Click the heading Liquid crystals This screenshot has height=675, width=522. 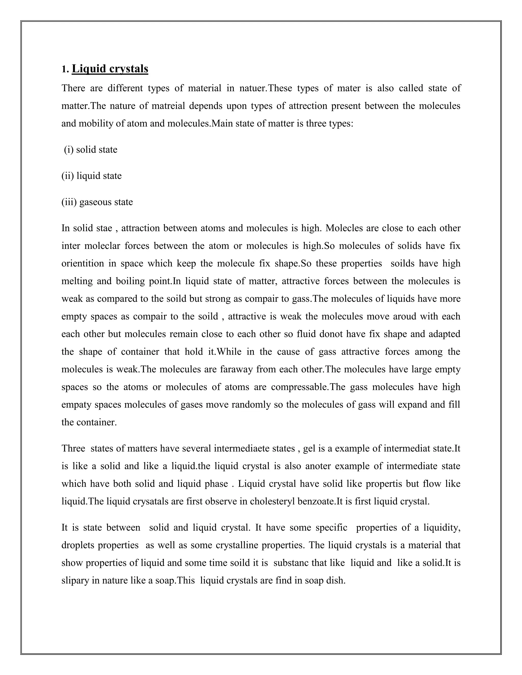110,69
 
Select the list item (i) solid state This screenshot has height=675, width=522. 90,150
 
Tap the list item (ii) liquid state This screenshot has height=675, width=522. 92,176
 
